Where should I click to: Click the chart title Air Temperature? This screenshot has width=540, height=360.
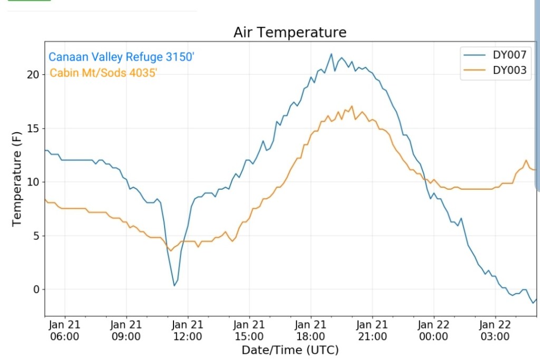(290, 33)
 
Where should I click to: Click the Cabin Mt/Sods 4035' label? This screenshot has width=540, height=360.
(103, 73)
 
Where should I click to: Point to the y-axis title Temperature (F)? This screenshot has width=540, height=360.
(17, 180)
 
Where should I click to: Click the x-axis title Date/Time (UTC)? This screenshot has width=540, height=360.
(290, 350)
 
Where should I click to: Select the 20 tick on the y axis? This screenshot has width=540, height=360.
(33, 75)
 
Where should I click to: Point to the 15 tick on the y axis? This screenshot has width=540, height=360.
(33, 129)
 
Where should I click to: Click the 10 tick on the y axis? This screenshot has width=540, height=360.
(33, 182)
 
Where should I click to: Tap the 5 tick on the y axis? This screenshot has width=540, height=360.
(36, 236)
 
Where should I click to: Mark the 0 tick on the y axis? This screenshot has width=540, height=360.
(36, 289)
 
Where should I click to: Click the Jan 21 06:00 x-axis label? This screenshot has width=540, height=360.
(65, 330)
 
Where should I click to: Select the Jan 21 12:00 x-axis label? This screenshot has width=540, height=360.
(188, 330)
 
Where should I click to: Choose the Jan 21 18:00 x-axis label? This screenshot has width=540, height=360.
(311, 330)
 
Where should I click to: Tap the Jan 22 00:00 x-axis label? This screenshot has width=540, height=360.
(433, 330)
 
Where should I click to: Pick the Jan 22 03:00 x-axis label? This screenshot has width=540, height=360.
(495, 330)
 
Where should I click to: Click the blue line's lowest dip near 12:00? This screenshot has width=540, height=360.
(175, 285)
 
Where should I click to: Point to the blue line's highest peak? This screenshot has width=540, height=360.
(331, 54)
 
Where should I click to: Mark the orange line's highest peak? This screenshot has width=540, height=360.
(352, 106)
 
